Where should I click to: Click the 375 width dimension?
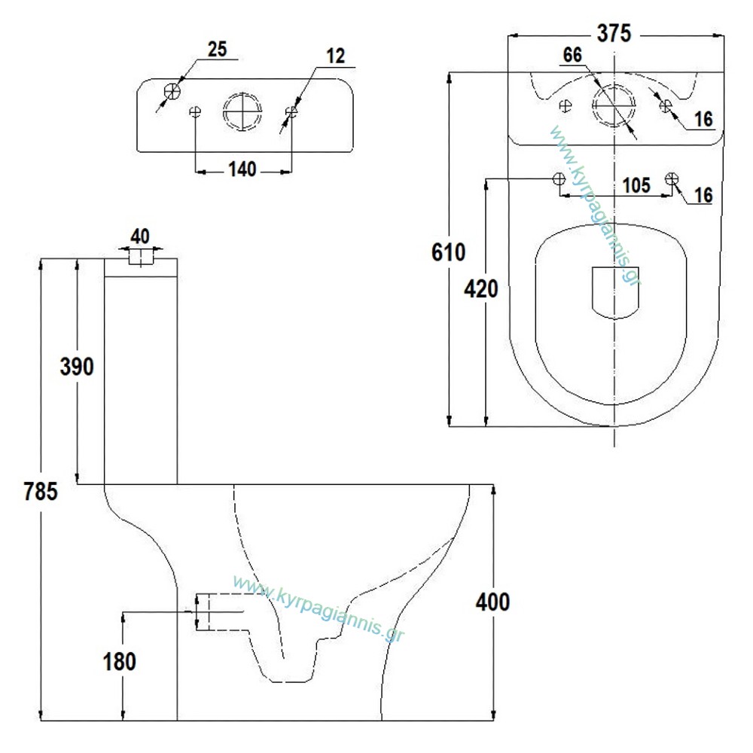tap(614, 34)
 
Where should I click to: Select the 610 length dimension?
tap(448, 252)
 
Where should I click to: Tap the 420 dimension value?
tap(480, 289)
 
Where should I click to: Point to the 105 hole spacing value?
tap(636, 185)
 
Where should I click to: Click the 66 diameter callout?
tap(572, 55)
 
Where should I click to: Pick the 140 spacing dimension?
tap(242, 169)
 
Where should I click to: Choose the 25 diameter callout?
tap(217, 49)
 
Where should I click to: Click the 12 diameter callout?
tap(336, 56)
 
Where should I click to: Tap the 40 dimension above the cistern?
tap(140, 236)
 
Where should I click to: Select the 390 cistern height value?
tap(77, 367)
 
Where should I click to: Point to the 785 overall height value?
tap(41, 491)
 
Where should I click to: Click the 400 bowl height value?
tap(492, 602)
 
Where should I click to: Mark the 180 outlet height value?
tap(120, 661)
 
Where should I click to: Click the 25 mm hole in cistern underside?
tap(172, 91)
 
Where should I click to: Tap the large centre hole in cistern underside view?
tap(242, 111)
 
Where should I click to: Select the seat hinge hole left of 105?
tap(559, 178)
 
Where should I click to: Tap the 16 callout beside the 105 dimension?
tap(703, 195)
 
